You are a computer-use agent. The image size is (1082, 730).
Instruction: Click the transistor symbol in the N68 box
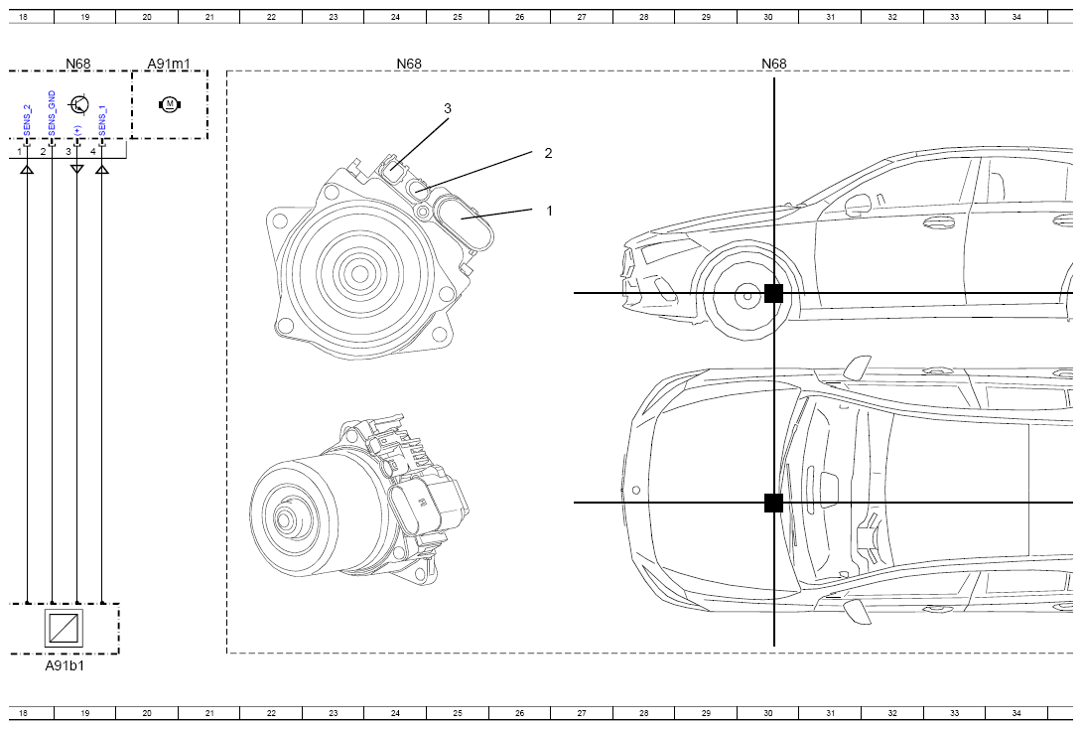[79, 105]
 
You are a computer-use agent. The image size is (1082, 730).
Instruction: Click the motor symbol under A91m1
[169, 104]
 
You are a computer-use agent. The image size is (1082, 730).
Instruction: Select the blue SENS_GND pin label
[53, 114]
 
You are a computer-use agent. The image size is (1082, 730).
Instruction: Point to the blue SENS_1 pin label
[102, 118]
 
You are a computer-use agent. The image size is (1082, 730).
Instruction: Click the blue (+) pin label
[77, 130]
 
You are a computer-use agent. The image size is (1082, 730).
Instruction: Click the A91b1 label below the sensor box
[65, 665]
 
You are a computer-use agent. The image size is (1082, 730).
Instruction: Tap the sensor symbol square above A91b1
[65, 628]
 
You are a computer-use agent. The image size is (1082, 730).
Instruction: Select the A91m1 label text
[169, 64]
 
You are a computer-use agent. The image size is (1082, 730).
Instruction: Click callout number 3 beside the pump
[448, 108]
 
